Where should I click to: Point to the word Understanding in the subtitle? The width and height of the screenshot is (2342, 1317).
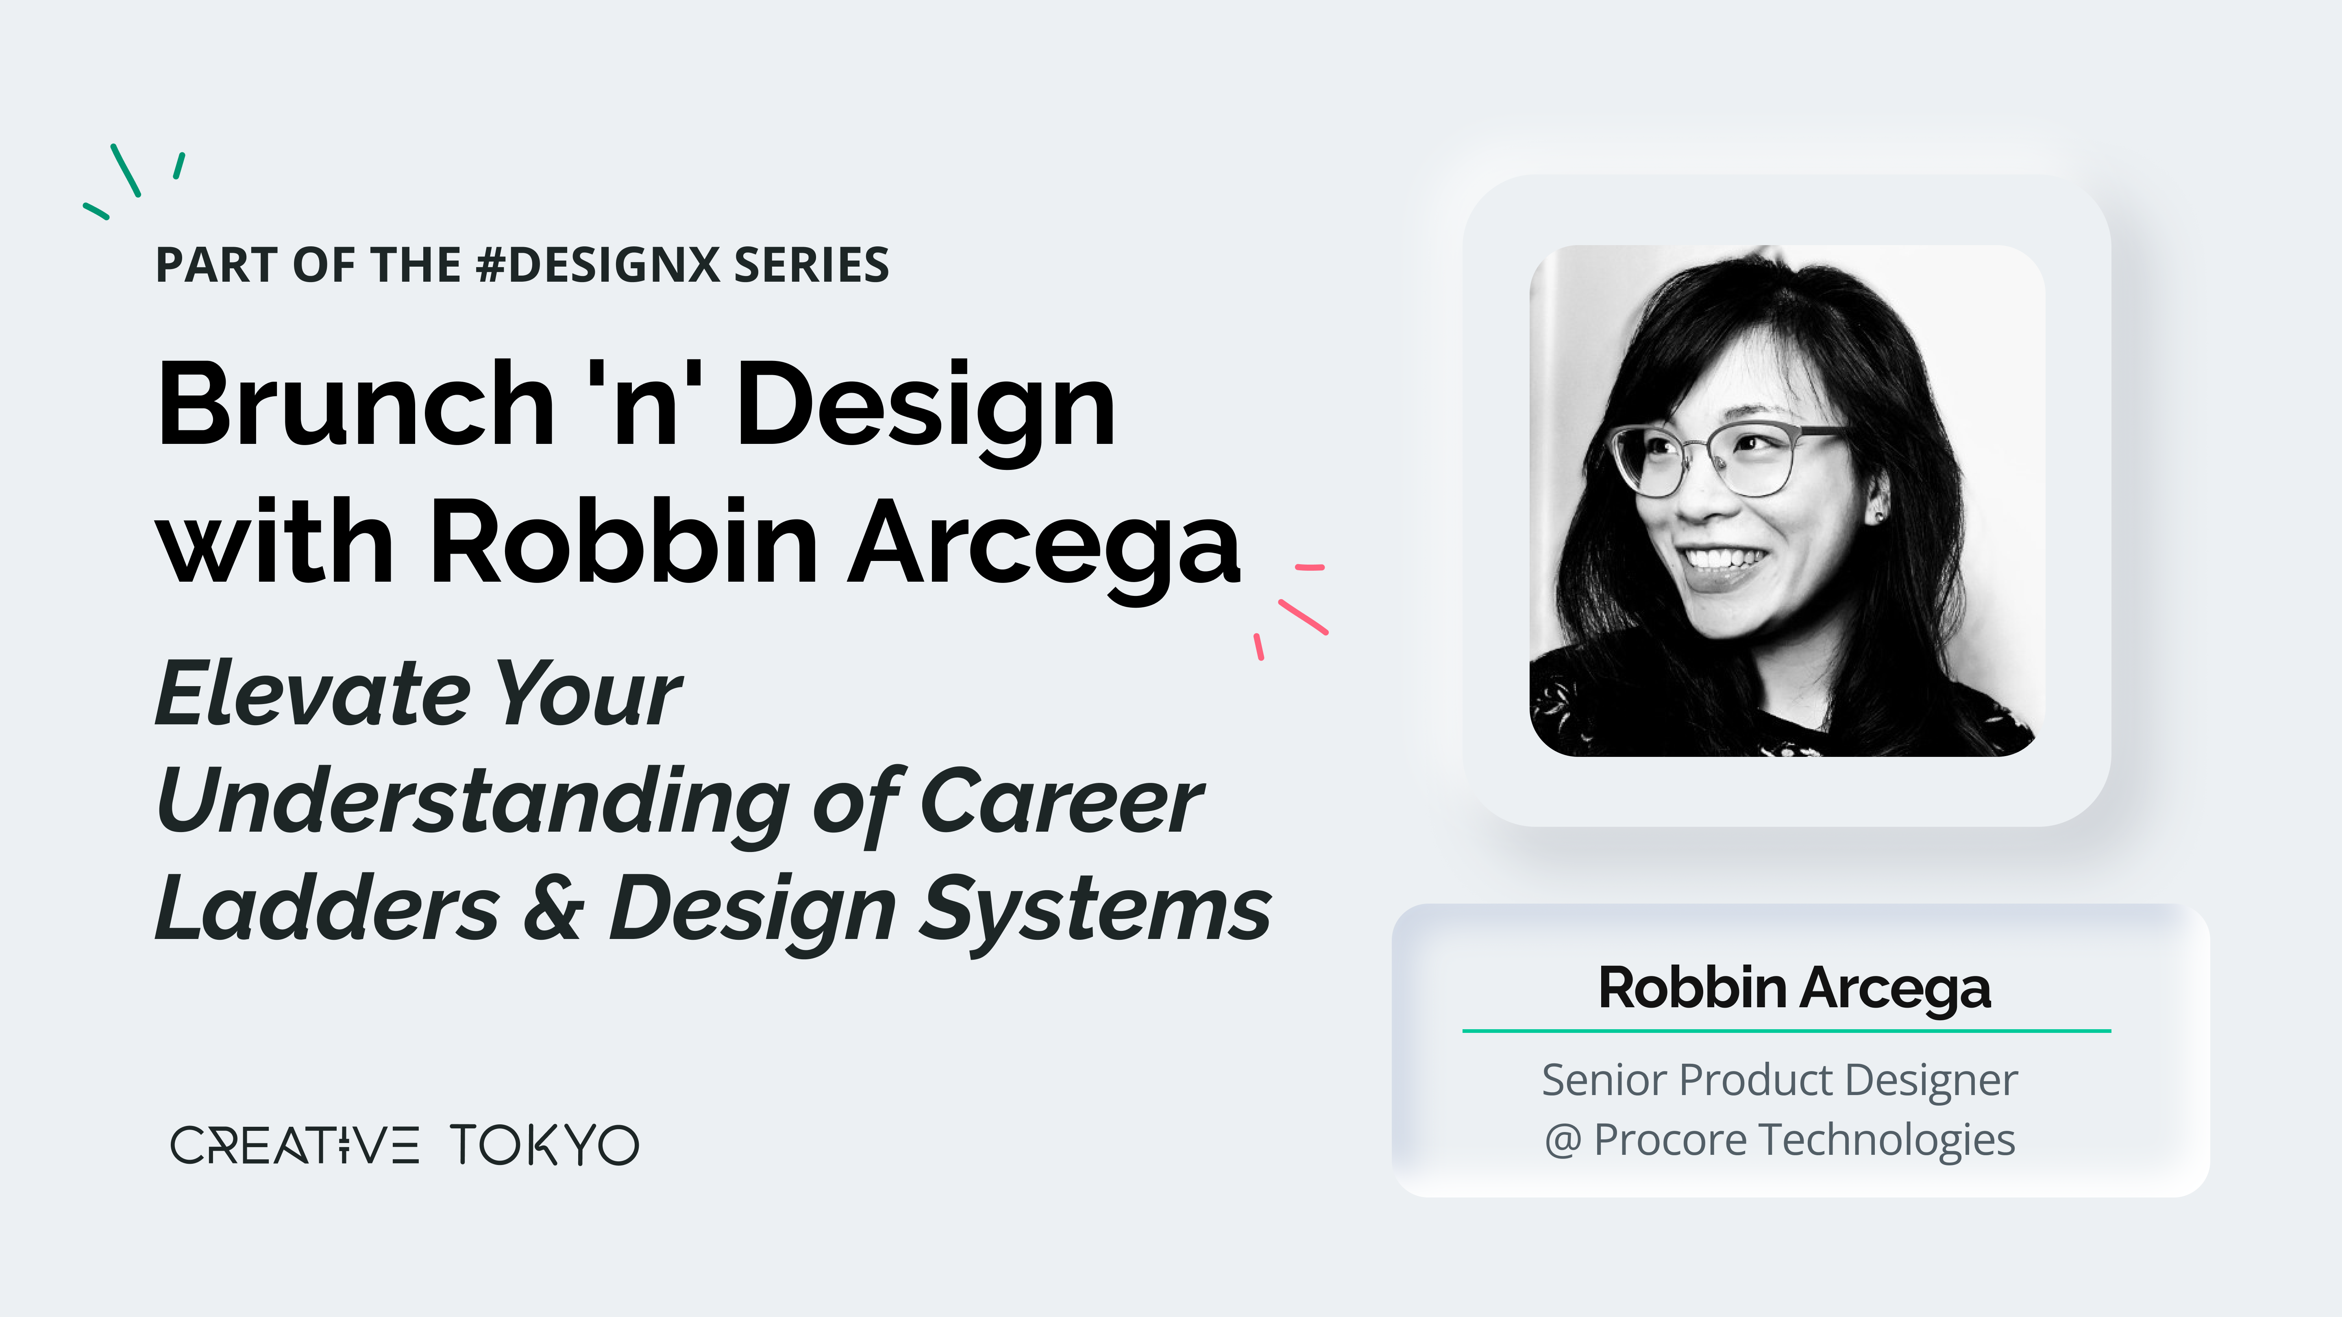(473, 804)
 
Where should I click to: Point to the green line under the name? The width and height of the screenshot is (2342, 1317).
(1787, 1031)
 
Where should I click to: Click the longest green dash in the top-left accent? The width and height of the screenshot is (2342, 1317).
(126, 170)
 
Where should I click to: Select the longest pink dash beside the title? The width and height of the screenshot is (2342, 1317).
(1303, 616)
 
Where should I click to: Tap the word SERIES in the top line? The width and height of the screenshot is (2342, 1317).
(811, 265)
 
